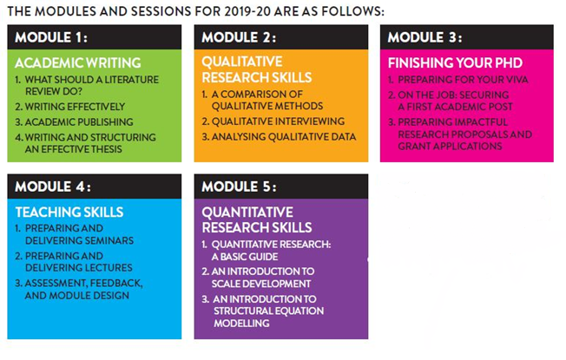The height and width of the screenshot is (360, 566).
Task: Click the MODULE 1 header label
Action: (x=52, y=37)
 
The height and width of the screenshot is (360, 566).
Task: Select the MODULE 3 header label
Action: (x=424, y=37)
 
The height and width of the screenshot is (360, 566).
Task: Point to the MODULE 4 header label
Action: (x=53, y=187)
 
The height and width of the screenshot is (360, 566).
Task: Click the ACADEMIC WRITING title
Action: (x=77, y=62)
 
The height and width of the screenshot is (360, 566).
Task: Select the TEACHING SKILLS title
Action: (x=69, y=212)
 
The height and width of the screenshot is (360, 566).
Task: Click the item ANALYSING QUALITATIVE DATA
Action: (x=279, y=137)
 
